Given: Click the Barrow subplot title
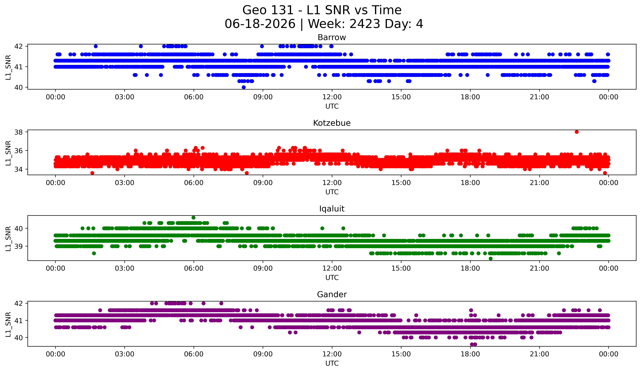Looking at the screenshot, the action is pos(332,37).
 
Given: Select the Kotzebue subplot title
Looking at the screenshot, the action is pos(332,123).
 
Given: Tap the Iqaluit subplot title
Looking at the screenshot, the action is pos(332,209).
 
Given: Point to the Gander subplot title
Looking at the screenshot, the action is pos(332,294).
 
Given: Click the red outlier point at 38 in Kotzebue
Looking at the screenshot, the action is pos(577,132).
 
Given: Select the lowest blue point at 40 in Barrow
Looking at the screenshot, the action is pos(244,87).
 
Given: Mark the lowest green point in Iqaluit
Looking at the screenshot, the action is pos(491,259).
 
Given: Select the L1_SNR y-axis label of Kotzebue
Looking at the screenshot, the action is pos(8,153).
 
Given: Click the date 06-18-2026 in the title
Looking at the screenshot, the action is pos(260,24).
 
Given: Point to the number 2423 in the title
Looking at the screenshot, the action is pos(364,24).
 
